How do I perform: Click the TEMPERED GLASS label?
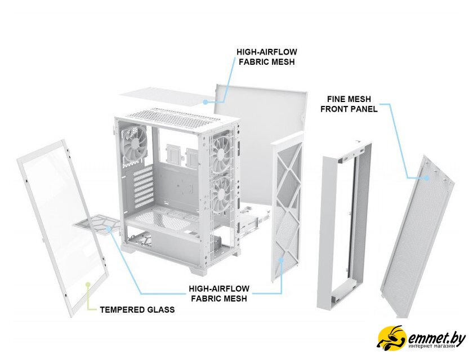pyautogui.click(x=137, y=310)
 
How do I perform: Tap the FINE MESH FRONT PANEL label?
pyautogui.click(x=349, y=104)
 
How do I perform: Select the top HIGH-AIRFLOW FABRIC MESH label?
pyautogui.click(x=267, y=57)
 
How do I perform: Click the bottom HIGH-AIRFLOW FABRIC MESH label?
pyautogui.click(x=219, y=294)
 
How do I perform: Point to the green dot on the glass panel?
pyautogui.click(x=88, y=285)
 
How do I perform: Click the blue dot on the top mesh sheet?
pyautogui.click(x=205, y=102)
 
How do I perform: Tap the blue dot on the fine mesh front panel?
pyautogui.click(x=426, y=177)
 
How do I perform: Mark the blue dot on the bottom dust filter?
pyautogui.click(x=109, y=228)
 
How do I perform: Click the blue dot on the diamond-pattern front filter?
pyautogui.click(x=282, y=259)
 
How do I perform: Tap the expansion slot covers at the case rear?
pyautogui.click(x=142, y=187)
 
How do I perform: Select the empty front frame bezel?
pyautogui.click(x=344, y=225)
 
